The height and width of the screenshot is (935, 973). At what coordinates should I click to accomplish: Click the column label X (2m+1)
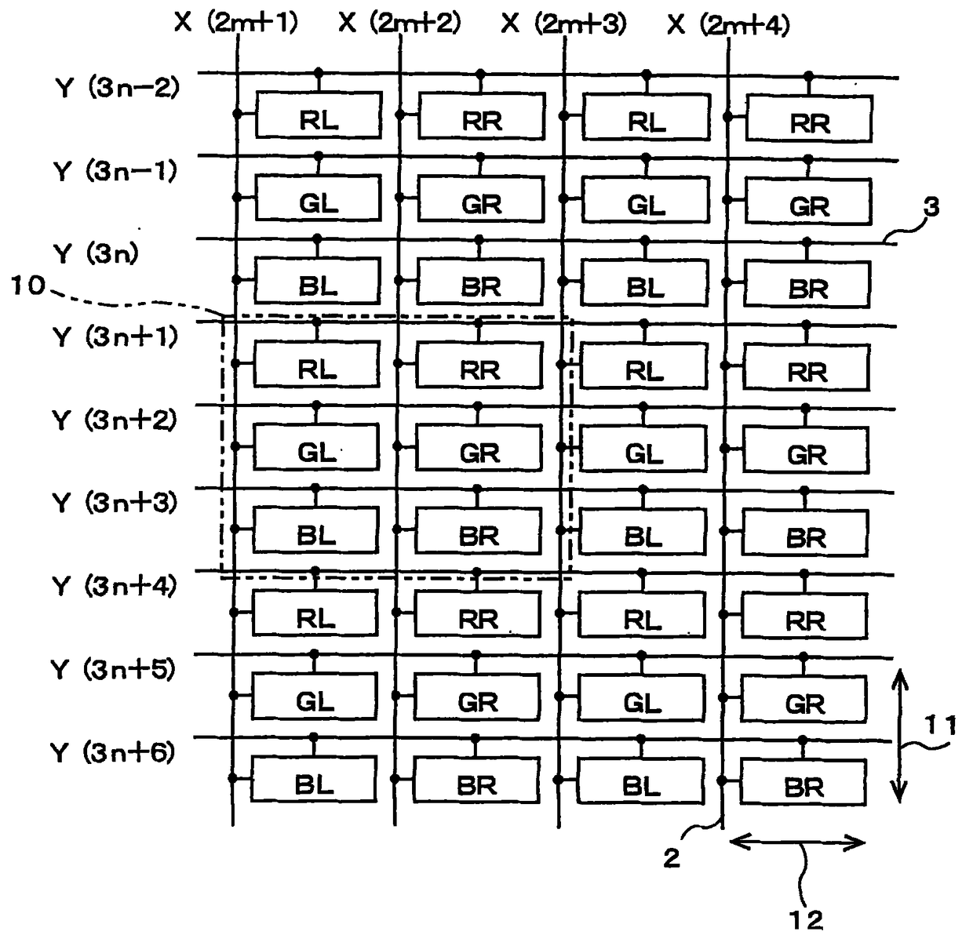pyautogui.click(x=236, y=23)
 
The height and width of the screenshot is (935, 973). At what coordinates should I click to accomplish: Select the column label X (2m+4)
pyautogui.click(x=728, y=25)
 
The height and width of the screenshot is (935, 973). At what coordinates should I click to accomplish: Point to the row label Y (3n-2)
pyautogui.click(x=118, y=87)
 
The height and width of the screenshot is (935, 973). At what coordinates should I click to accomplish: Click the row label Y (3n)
pyautogui.click(x=96, y=254)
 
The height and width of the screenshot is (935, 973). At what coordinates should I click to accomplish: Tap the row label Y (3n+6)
pyautogui.click(x=113, y=753)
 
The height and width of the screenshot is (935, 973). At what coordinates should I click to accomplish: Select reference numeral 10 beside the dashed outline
pyautogui.click(x=29, y=286)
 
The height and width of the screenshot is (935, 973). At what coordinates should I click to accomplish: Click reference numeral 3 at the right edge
pyautogui.click(x=931, y=207)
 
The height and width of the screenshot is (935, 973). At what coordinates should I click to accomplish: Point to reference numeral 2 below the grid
pyautogui.click(x=671, y=858)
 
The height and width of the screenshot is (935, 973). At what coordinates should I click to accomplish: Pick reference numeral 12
pyautogui.click(x=806, y=919)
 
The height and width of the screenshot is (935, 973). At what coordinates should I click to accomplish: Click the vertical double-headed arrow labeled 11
pyautogui.click(x=900, y=735)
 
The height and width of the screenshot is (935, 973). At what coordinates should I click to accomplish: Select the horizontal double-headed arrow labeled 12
pyautogui.click(x=797, y=843)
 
